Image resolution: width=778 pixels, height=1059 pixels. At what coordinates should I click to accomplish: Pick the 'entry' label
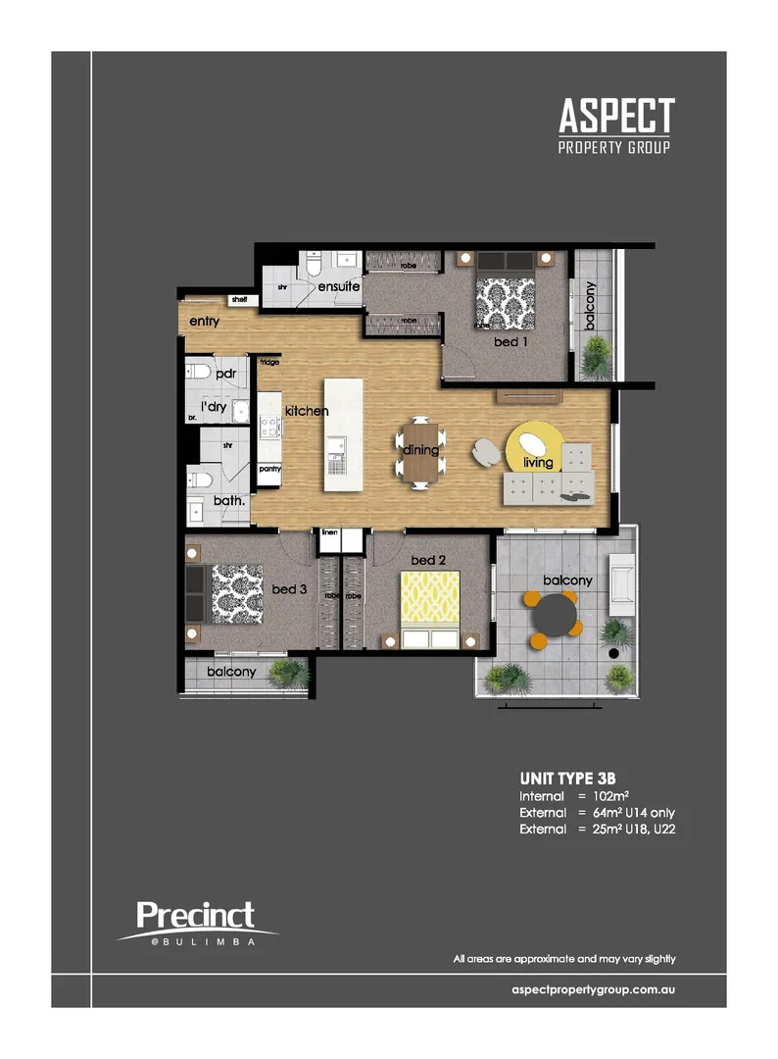point(204,321)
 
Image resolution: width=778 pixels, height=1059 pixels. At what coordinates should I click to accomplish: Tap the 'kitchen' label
point(307,411)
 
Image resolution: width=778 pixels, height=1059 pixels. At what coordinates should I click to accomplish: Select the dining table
point(420,451)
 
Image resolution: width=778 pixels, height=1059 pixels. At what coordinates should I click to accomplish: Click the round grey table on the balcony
point(556,616)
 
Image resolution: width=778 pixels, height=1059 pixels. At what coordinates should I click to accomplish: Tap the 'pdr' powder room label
point(225,374)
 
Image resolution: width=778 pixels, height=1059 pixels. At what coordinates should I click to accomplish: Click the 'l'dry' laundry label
point(216,406)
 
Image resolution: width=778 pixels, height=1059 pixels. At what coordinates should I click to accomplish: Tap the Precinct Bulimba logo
point(196,922)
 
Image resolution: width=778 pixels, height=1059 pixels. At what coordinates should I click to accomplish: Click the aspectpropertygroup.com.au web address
point(594,989)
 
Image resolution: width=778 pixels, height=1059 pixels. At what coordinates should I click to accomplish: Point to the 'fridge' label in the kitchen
point(269,363)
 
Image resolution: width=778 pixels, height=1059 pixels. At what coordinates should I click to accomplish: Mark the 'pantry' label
point(270,469)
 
